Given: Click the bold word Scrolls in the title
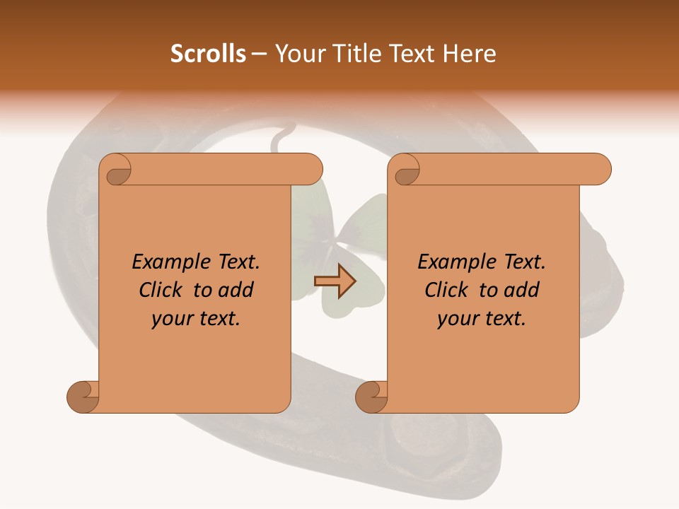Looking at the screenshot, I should pos(208,53).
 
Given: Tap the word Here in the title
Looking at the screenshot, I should pos(470,53).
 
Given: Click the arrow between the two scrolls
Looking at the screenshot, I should pos(335,281).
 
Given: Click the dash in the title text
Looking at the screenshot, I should pos(259,53).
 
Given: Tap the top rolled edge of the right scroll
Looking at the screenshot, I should pos(509,169).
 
